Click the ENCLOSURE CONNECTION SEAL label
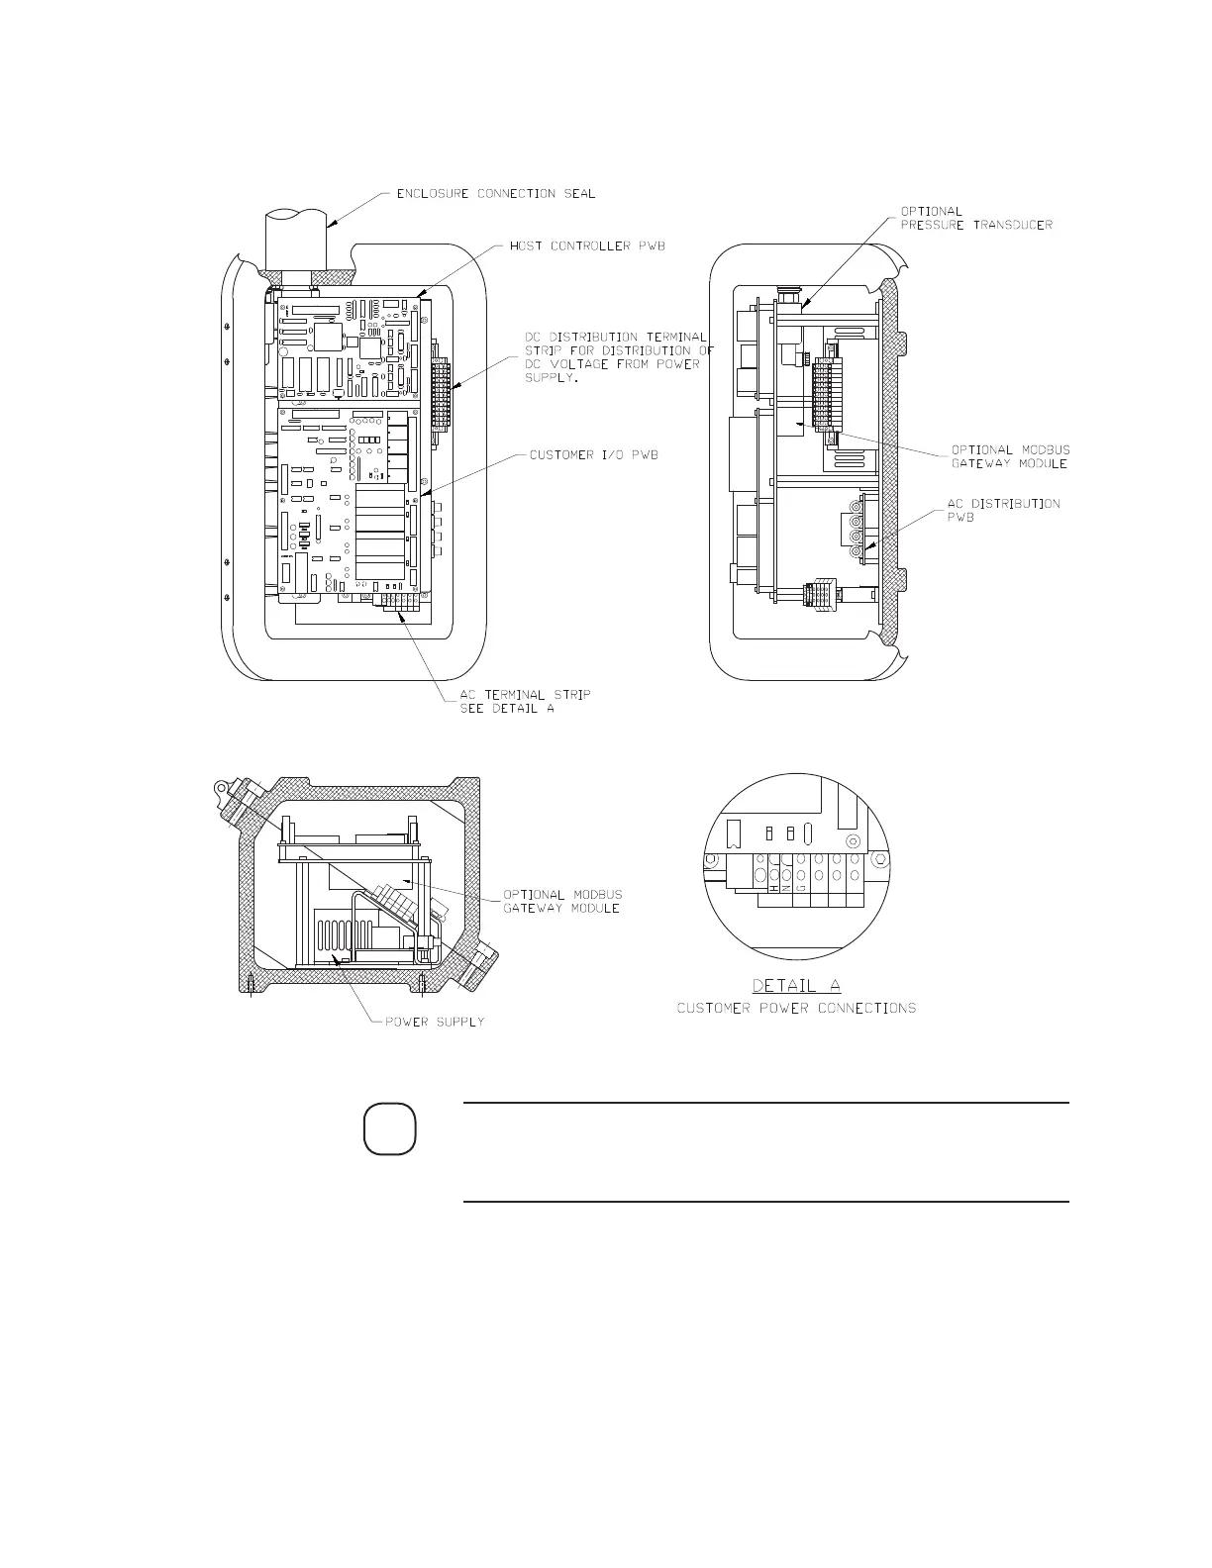tap(495, 194)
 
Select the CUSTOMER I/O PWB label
tap(594, 455)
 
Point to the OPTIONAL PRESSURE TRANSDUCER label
tap(975, 218)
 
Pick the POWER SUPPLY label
tap(435, 1022)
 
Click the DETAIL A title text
tap(797, 986)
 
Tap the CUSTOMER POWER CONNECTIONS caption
tap(796, 1009)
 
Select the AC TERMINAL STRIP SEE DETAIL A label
tap(525, 701)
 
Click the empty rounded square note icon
tap(388, 1130)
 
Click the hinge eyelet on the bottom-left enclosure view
tap(223, 789)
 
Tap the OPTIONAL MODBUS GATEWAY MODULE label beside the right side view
tap(1010, 456)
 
